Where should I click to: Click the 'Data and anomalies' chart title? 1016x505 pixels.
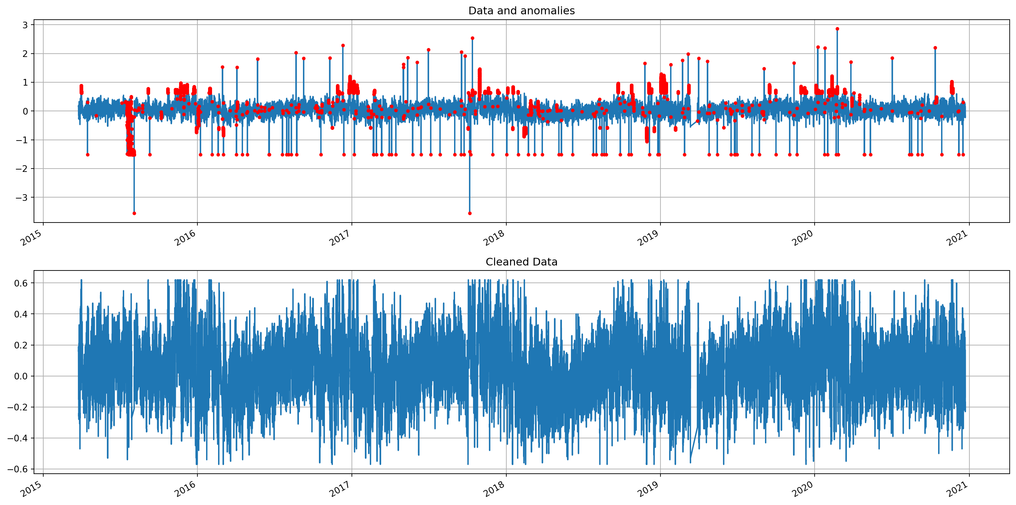tap(521, 11)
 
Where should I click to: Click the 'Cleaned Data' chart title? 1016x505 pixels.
tap(521, 262)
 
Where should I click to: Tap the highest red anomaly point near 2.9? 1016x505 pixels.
tap(837, 29)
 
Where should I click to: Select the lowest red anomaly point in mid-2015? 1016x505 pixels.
tap(134, 213)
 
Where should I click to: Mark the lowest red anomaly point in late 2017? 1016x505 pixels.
tap(469, 213)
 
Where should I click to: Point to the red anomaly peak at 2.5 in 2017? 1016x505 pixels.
tap(472, 38)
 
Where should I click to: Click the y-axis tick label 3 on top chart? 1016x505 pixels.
tap(25, 25)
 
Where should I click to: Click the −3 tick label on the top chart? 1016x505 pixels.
tap(22, 198)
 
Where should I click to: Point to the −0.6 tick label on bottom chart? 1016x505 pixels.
tap(18, 469)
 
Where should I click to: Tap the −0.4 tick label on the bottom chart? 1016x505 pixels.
tap(18, 438)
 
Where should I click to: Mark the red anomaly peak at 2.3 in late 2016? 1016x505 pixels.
tap(343, 45)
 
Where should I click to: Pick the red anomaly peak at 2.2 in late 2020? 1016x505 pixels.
tap(935, 48)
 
